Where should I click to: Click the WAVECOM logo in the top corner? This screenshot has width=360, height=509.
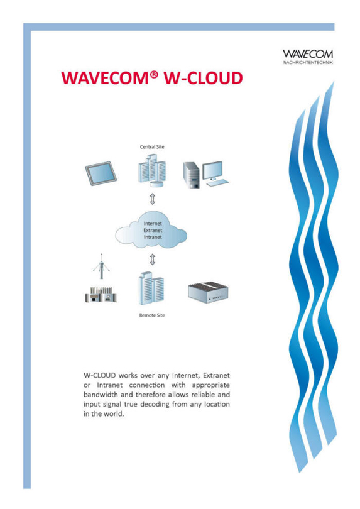[308, 57]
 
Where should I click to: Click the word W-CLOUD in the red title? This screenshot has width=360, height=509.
[203, 78]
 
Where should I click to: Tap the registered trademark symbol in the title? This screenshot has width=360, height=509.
[154, 75]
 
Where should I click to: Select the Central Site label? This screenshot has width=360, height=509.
[152, 146]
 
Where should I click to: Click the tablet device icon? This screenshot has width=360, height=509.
[101, 173]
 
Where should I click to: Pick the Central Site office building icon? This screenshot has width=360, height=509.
[152, 171]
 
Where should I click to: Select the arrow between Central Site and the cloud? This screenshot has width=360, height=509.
[152, 199]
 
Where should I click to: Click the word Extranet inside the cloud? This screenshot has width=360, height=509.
[153, 230]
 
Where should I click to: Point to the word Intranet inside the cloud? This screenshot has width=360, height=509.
[153, 237]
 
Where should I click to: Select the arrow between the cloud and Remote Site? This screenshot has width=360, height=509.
[152, 260]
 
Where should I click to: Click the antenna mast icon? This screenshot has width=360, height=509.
[101, 267]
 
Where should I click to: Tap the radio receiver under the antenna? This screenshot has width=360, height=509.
[101, 295]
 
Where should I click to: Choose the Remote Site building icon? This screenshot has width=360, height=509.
[151, 288]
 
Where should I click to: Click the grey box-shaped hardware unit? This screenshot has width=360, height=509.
[208, 292]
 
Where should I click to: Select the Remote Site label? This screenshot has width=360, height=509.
[152, 315]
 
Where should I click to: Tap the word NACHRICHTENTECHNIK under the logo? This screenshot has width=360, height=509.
[308, 63]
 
